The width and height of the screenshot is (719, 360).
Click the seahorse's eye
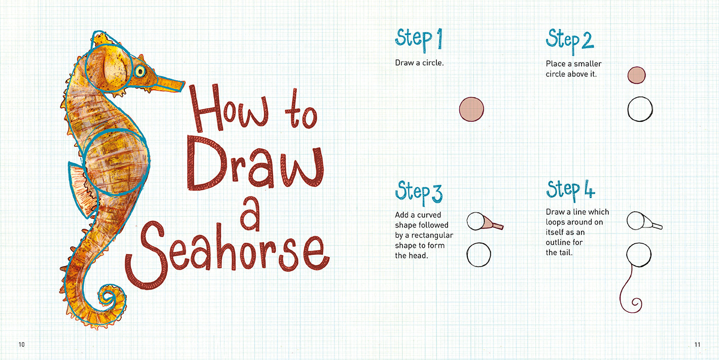[140, 71]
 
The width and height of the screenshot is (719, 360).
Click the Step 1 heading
[419, 40]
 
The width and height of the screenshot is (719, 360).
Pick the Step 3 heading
[419, 192]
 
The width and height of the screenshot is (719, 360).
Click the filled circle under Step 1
[471, 109]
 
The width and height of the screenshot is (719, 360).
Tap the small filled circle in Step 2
[636, 75]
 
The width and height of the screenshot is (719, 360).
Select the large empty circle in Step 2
[640, 109]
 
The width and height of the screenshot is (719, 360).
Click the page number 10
[21, 345]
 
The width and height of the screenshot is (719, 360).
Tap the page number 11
[697, 345]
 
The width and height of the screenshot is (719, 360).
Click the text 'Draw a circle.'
[419, 62]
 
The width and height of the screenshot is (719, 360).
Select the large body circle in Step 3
[478, 255]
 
